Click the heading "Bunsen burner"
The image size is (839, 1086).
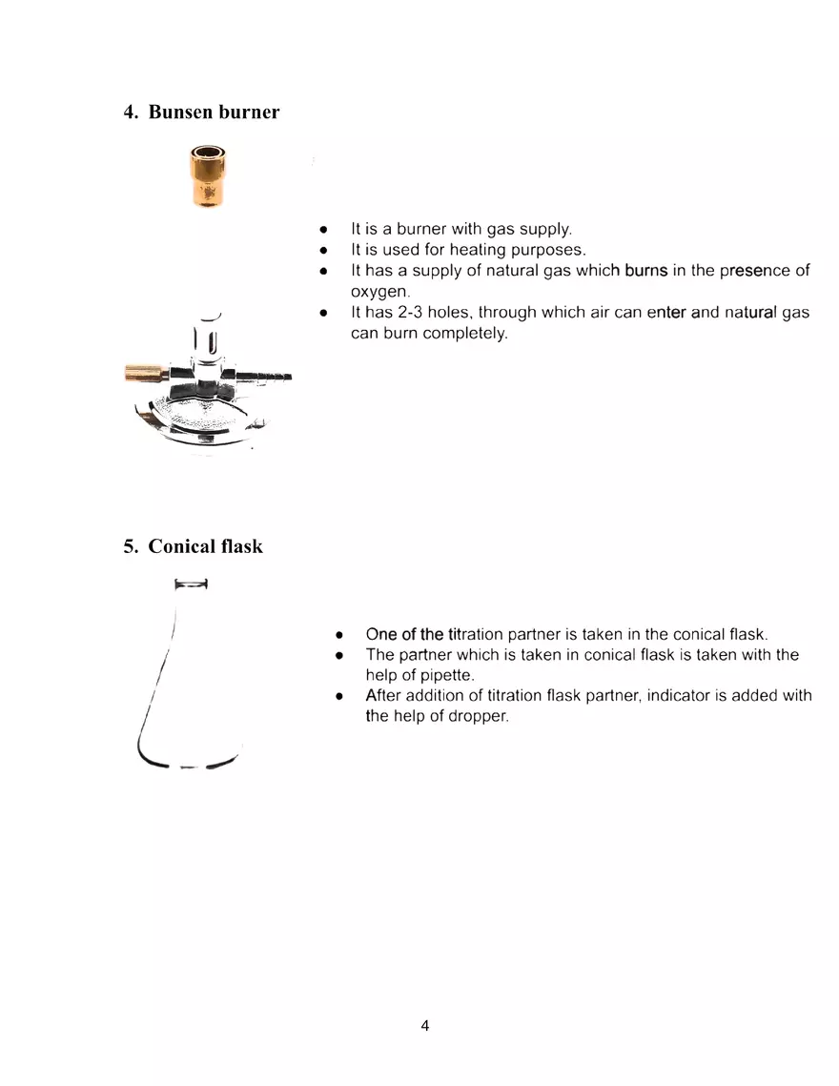pyautogui.click(x=214, y=112)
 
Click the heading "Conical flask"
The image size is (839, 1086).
pyautogui.click(x=205, y=546)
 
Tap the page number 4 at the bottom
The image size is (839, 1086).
pyautogui.click(x=424, y=1026)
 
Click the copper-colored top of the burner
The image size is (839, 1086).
pyautogui.click(x=208, y=176)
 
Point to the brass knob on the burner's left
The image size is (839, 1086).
pyautogui.click(x=144, y=371)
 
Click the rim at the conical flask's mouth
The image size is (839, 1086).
pyautogui.click(x=192, y=584)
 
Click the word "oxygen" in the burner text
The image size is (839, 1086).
pyautogui.click(x=378, y=291)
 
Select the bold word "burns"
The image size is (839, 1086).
pyautogui.click(x=645, y=270)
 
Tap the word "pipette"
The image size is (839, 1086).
pyautogui.click(x=418, y=675)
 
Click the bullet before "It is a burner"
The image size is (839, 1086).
pyautogui.click(x=324, y=230)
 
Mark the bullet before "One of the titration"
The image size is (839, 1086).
pyautogui.click(x=339, y=634)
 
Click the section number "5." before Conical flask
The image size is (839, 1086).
pyautogui.click(x=132, y=546)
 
